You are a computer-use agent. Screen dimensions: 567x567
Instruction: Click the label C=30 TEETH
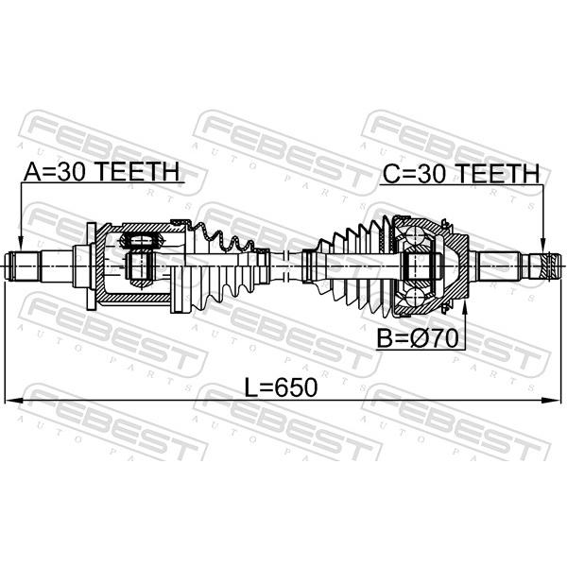[461, 173]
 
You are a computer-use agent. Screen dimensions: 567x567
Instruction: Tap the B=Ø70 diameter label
[418, 338]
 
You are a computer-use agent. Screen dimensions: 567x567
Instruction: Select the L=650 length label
[281, 387]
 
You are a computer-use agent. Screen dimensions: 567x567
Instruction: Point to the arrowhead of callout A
[21, 244]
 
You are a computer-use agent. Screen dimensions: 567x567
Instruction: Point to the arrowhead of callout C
[542, 245]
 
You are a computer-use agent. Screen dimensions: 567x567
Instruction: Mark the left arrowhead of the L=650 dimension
[13, 400]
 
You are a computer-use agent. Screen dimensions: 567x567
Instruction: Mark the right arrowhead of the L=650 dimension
[552, 400]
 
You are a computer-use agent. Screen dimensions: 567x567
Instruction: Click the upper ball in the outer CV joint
[415, 235]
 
